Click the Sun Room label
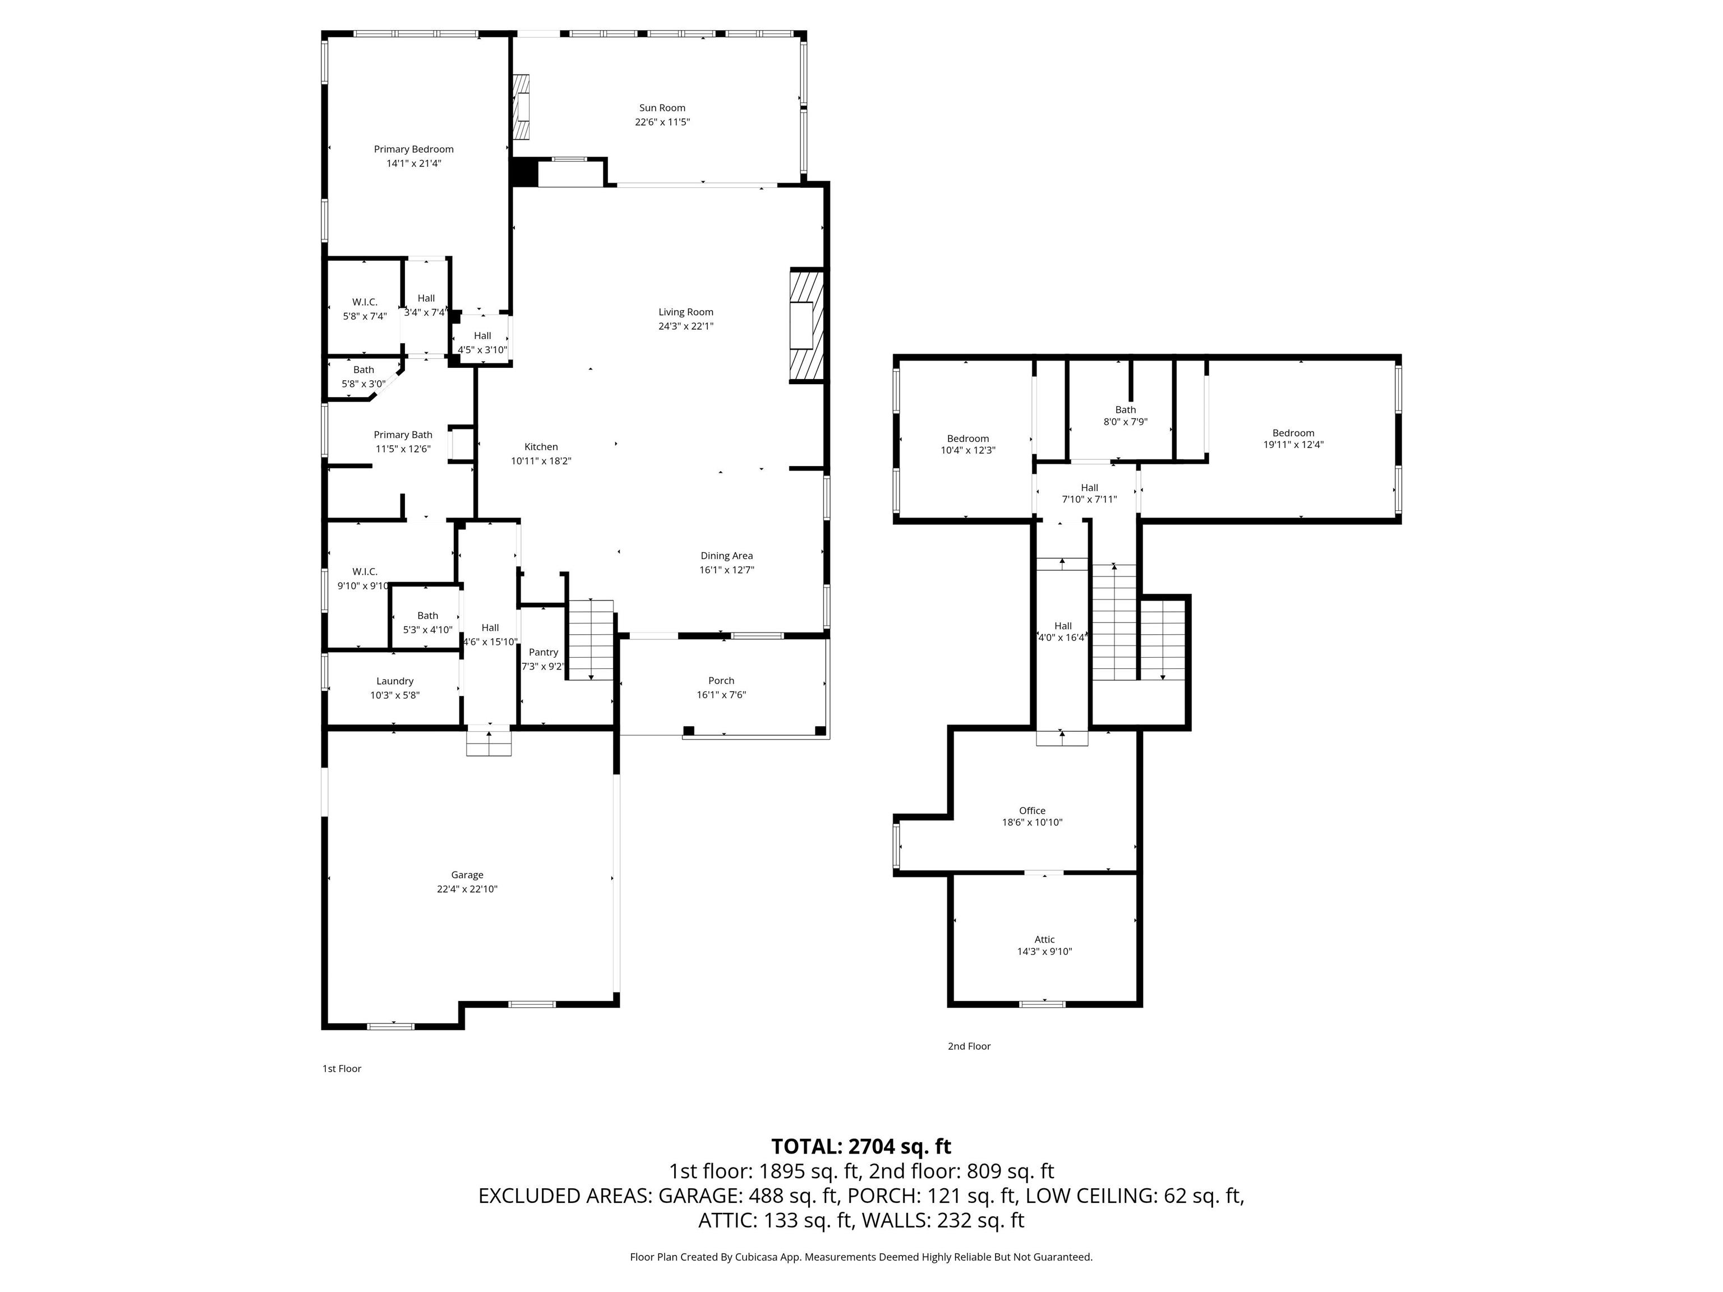coord(662,108)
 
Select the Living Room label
coord(685,312)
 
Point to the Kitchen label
coord(541,447)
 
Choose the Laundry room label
coord(394,681)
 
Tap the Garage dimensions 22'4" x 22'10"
coord(467,889)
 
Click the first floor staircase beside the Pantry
coord(591,639)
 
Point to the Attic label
coord(1044,940)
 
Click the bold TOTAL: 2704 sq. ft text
coord(861,1146)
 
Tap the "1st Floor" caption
coord(342,1068)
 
